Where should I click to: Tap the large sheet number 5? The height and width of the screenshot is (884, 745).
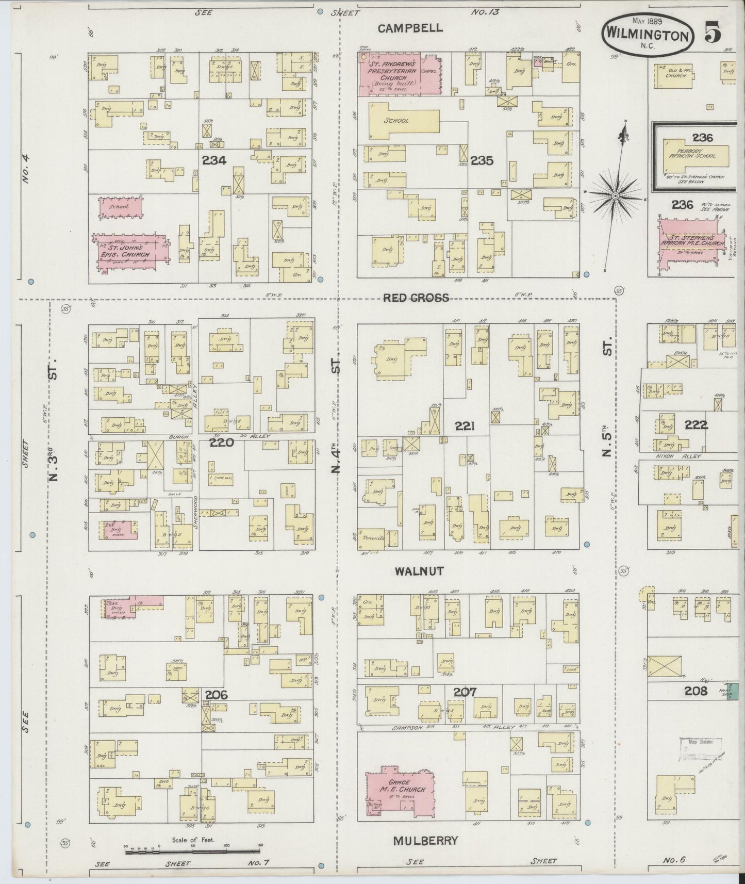point(714,33)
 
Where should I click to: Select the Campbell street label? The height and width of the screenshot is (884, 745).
point(410,28)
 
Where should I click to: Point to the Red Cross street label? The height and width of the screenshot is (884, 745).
point(416,298)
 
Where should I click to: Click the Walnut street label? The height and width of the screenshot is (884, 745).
point(419,571)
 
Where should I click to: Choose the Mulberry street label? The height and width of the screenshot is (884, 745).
point(425,841)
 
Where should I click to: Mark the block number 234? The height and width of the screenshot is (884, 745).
point(214,160)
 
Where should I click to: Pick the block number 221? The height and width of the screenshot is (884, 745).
point(465,426)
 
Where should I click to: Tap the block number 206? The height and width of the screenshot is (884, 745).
point(216,695)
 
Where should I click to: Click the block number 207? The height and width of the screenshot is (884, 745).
point(465,692)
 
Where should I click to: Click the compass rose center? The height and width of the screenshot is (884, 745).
point(615,196)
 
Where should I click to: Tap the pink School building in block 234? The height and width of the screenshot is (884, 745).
point(121,206)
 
